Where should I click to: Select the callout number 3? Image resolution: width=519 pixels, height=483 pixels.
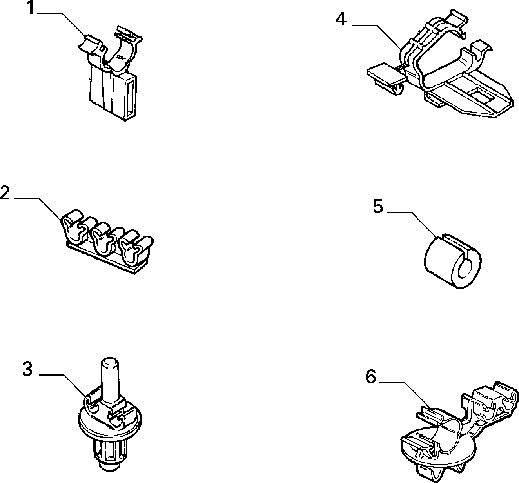click(x=27, y=369)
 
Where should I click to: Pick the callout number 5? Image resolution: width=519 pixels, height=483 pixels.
click(x=377, y=207)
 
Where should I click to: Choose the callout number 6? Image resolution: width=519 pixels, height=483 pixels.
click(x=371, y=377)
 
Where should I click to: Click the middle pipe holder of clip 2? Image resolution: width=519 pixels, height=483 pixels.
click(x=101, y=238)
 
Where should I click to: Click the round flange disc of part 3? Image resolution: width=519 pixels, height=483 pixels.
click(x=110, y=427)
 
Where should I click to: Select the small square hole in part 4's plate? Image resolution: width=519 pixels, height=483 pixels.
click(x=478, y=94)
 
